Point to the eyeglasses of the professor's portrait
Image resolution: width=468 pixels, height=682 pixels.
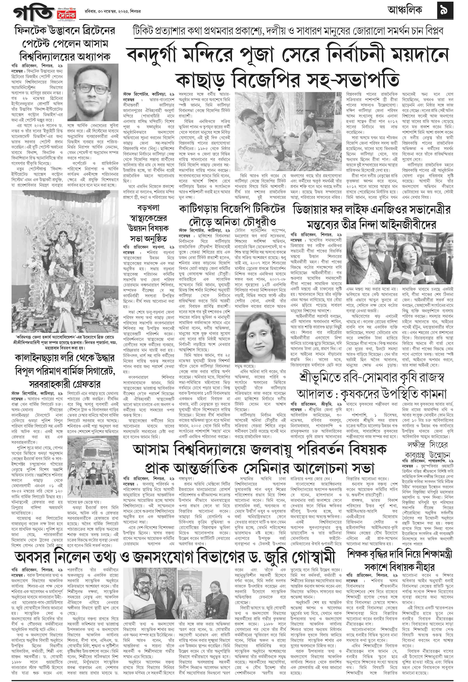pyautogui.click(x=92, y=89)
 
